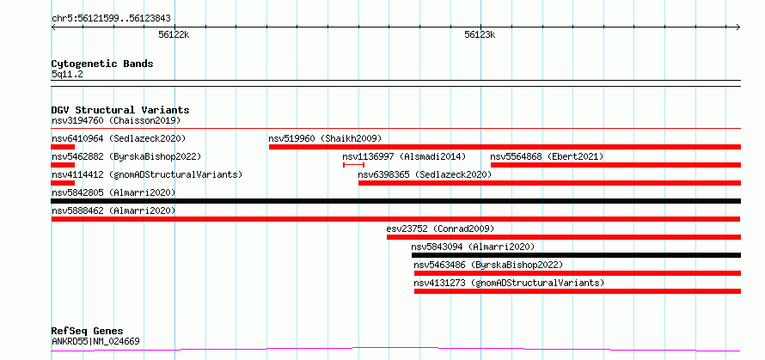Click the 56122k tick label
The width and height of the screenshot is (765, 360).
[174, 34]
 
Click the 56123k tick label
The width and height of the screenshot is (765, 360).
[480, 34]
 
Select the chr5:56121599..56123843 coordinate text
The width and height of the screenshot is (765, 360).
[111, 19]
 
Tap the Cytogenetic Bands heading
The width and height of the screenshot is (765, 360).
[102, 64]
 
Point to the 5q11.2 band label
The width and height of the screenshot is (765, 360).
[67, 75]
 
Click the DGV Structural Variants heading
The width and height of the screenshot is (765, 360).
[120, 110]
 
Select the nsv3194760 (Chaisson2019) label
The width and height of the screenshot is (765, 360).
[116, 120]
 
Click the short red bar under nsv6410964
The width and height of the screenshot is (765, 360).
[63, 147]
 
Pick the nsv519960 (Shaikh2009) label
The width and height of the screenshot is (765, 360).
[325, 138]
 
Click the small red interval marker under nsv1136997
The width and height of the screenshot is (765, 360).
[354, 165]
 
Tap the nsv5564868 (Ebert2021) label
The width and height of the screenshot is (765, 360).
[547, 156]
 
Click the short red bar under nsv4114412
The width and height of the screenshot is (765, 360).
[63, 183]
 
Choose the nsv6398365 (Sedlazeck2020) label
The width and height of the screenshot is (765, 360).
[425, 174]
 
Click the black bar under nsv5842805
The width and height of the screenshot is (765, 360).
[396, 201]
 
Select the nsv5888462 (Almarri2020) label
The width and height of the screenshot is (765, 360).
[113, 211]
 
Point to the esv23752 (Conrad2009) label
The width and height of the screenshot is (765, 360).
[440, 229]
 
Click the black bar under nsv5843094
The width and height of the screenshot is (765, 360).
[576, 255]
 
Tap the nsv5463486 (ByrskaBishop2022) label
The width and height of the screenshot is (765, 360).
[488, 265]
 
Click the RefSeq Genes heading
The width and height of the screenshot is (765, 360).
[88, 332]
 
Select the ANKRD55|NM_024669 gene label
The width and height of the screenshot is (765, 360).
[95, 341]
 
